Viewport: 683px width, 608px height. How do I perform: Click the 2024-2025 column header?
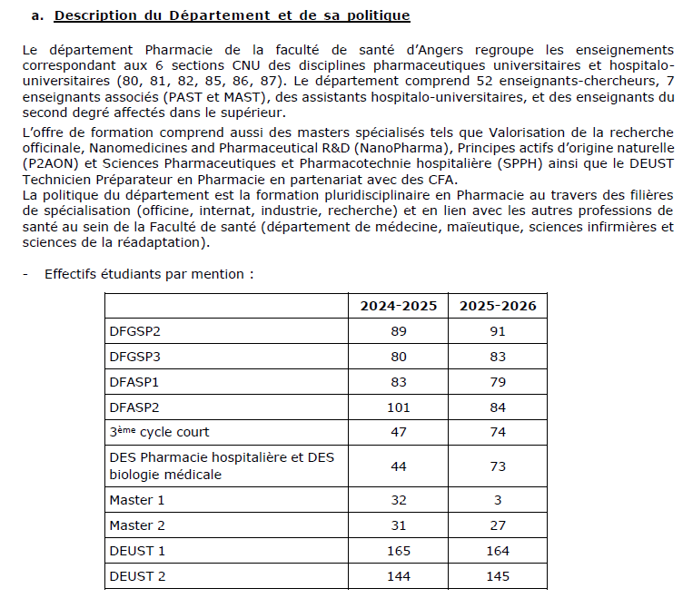(x=399, y=306)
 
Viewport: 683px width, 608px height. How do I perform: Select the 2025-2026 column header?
(x=498, y=306)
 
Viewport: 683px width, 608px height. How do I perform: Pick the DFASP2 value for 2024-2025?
(x=399, y=407)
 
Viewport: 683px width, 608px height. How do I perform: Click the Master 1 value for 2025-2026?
(x=498, y=500)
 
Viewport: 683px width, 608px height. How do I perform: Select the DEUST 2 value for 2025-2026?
(x=498, y=576)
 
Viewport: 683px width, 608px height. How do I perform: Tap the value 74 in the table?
(x=498, y=433)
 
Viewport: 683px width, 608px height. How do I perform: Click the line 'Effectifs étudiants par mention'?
(x=149, y=273)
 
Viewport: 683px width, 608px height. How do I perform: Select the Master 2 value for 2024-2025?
(x=399, y=525)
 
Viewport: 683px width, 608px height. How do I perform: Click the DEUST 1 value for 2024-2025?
(x=399, y=551)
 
